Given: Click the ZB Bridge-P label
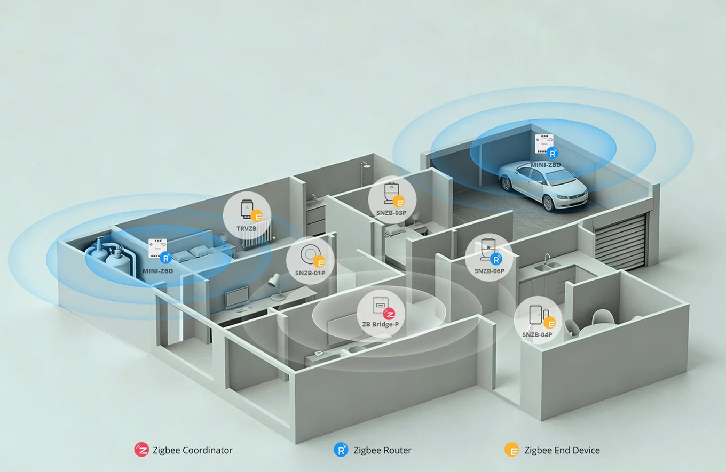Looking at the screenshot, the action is pos(380,324).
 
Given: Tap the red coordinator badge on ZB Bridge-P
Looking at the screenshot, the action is pos(389,314).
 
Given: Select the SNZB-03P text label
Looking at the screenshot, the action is pos(391,213).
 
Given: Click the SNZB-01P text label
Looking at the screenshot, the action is pos(310,273).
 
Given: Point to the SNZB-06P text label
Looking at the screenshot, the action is pos(489,271).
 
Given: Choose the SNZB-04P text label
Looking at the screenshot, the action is pos(536,334).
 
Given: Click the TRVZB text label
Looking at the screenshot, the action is pos(246,229).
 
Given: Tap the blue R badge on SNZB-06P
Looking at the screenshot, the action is pos(495,260).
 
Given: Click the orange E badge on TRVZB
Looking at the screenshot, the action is pos(256,216).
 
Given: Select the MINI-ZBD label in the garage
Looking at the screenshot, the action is pos(545,165).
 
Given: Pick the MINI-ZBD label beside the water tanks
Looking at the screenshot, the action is pos(157,271).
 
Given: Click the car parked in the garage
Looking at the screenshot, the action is pos(543,185).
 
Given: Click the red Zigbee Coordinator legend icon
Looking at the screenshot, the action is pos(141,450).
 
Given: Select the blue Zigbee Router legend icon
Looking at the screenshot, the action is pos(341,450).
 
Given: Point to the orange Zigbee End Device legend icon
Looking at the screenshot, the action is pos(512,450).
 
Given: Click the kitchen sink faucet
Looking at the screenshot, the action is pos(547,259).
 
